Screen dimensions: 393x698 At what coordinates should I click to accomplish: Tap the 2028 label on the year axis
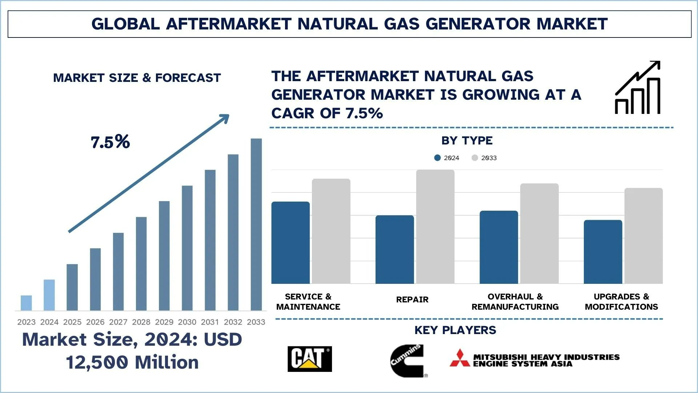coord(141,322)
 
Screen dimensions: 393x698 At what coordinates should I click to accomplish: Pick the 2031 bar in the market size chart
coord(210,240)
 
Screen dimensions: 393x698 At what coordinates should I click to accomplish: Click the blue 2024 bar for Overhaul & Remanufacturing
coord(499,247)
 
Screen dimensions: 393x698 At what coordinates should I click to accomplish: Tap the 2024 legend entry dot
coord(437,158)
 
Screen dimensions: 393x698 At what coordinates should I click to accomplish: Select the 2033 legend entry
coord(485,158)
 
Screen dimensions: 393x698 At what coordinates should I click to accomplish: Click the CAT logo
coord(310,359)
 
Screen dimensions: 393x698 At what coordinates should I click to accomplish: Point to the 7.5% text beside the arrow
coord(110,142)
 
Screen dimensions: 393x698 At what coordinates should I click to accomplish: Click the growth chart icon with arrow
coord(637,88)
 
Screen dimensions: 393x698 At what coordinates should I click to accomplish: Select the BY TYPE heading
coord(467,140)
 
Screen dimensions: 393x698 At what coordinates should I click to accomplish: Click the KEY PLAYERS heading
coord(455,330)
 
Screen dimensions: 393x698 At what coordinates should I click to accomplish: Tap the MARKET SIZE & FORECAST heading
coord(137,78)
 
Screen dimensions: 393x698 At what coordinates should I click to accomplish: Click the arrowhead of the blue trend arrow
coord(225,118)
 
